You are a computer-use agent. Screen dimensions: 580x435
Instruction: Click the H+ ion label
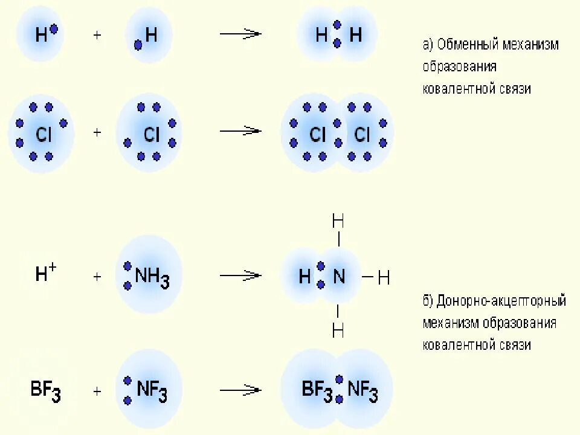point(45,274)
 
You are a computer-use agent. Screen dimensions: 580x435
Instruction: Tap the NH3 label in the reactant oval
point(152,278)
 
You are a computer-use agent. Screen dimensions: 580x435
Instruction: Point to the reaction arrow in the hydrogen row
point(240,34)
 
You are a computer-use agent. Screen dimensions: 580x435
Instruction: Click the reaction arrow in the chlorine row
point(240,131)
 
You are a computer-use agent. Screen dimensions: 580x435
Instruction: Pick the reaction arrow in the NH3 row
point(240,276)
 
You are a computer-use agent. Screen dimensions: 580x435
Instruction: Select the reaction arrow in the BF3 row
point(240,391)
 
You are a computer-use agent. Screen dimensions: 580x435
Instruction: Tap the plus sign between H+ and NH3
point(97,277)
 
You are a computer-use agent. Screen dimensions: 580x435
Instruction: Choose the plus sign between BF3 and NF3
point(97,391)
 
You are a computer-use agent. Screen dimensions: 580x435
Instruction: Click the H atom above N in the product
point(338,221)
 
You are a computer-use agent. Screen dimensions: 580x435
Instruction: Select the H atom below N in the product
point(338,330)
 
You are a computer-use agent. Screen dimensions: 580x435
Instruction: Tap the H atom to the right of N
point(384,279)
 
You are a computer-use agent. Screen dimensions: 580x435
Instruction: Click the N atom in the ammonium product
point(339,277)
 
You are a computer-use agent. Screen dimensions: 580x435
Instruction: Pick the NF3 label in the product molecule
point(363,391)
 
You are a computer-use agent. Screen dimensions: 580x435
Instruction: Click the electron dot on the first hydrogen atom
point(54,28)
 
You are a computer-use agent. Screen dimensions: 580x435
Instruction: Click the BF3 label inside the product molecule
point(317,391)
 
